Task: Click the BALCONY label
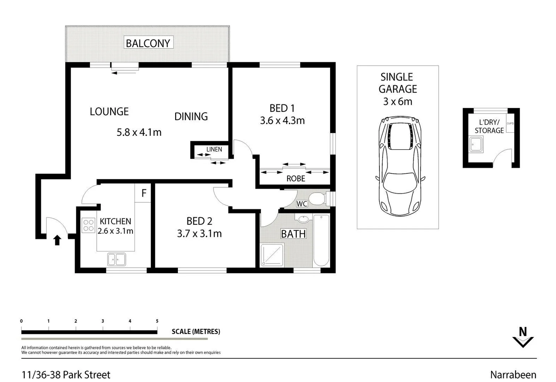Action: click(x=148, y=43)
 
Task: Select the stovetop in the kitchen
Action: click(x=88, y=226)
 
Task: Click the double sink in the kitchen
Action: click(x=116, y=259)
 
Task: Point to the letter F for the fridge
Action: click(x=144, y=193)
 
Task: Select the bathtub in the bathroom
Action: click(x=321, y=241)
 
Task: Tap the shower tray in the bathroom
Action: click(x=272, y=255)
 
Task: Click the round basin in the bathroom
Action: click(x=304, y=219)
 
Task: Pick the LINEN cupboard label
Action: click(x=214, y=149)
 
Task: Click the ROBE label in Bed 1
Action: click(x=295, y=179)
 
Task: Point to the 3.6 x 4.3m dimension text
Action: click(x=282, y=121)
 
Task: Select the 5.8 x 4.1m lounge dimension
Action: click(x=139, y=132)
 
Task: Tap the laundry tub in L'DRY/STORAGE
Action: click(x=477, y=145)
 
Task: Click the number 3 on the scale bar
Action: click(x=103, y=321)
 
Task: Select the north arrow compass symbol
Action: click(x=523, y=337)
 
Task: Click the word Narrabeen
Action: click(x=513, y=375)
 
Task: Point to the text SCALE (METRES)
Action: click(x=196, y=331)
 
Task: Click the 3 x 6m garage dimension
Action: click(x=397, y=102)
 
